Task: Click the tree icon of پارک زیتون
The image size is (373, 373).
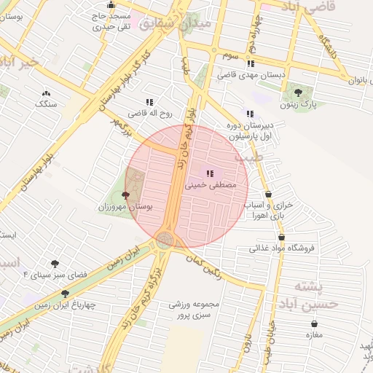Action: [298, 92]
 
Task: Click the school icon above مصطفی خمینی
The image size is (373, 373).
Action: [211, 173]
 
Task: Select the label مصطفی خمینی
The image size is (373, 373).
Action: [211, 186]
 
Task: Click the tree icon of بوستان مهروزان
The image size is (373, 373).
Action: [126, 195]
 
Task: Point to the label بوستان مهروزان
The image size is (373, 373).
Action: [126, 208]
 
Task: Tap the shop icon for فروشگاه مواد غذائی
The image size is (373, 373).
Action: [281, 237]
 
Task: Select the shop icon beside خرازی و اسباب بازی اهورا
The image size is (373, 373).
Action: [271, 195]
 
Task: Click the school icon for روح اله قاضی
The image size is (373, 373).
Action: [149, 102]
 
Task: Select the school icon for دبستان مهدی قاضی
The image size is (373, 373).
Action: [251, 63]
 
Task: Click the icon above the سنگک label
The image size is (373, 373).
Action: [47, 93]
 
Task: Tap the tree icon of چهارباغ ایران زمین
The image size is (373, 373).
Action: [66, 294]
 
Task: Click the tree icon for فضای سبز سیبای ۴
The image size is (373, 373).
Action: [55, 264]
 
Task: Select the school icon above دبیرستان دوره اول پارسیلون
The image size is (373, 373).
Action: [250, 113]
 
